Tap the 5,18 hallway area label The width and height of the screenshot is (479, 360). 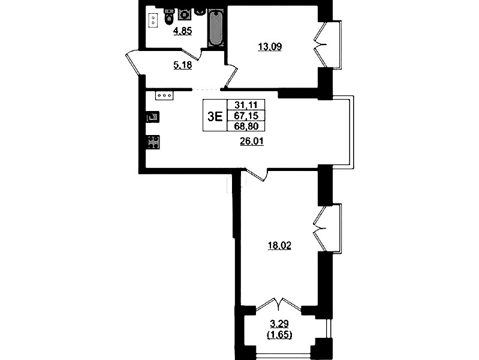click(182, 65)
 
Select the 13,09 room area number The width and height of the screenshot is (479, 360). click(270, 47)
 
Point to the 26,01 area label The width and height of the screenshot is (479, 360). click(252, 142)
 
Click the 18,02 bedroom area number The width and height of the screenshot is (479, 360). click(279, 245)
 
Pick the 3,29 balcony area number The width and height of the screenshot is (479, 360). click(279, 323)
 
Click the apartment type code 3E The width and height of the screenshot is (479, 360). click(215, 116)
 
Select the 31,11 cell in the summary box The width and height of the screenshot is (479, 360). click(246, 105)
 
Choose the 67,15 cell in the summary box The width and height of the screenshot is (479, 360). click(246, 115)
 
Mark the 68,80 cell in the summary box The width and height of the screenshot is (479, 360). click(246, 126)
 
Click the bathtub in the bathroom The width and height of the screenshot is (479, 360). click(216, 28)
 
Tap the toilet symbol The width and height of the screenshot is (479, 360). click(169, 16)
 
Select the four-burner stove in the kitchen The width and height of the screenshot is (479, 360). click(153, 142)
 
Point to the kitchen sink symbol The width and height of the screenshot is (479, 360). click(153, 117)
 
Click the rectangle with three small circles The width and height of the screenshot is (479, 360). click(165, 95)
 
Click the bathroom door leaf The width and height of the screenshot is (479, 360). click(191, 53)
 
